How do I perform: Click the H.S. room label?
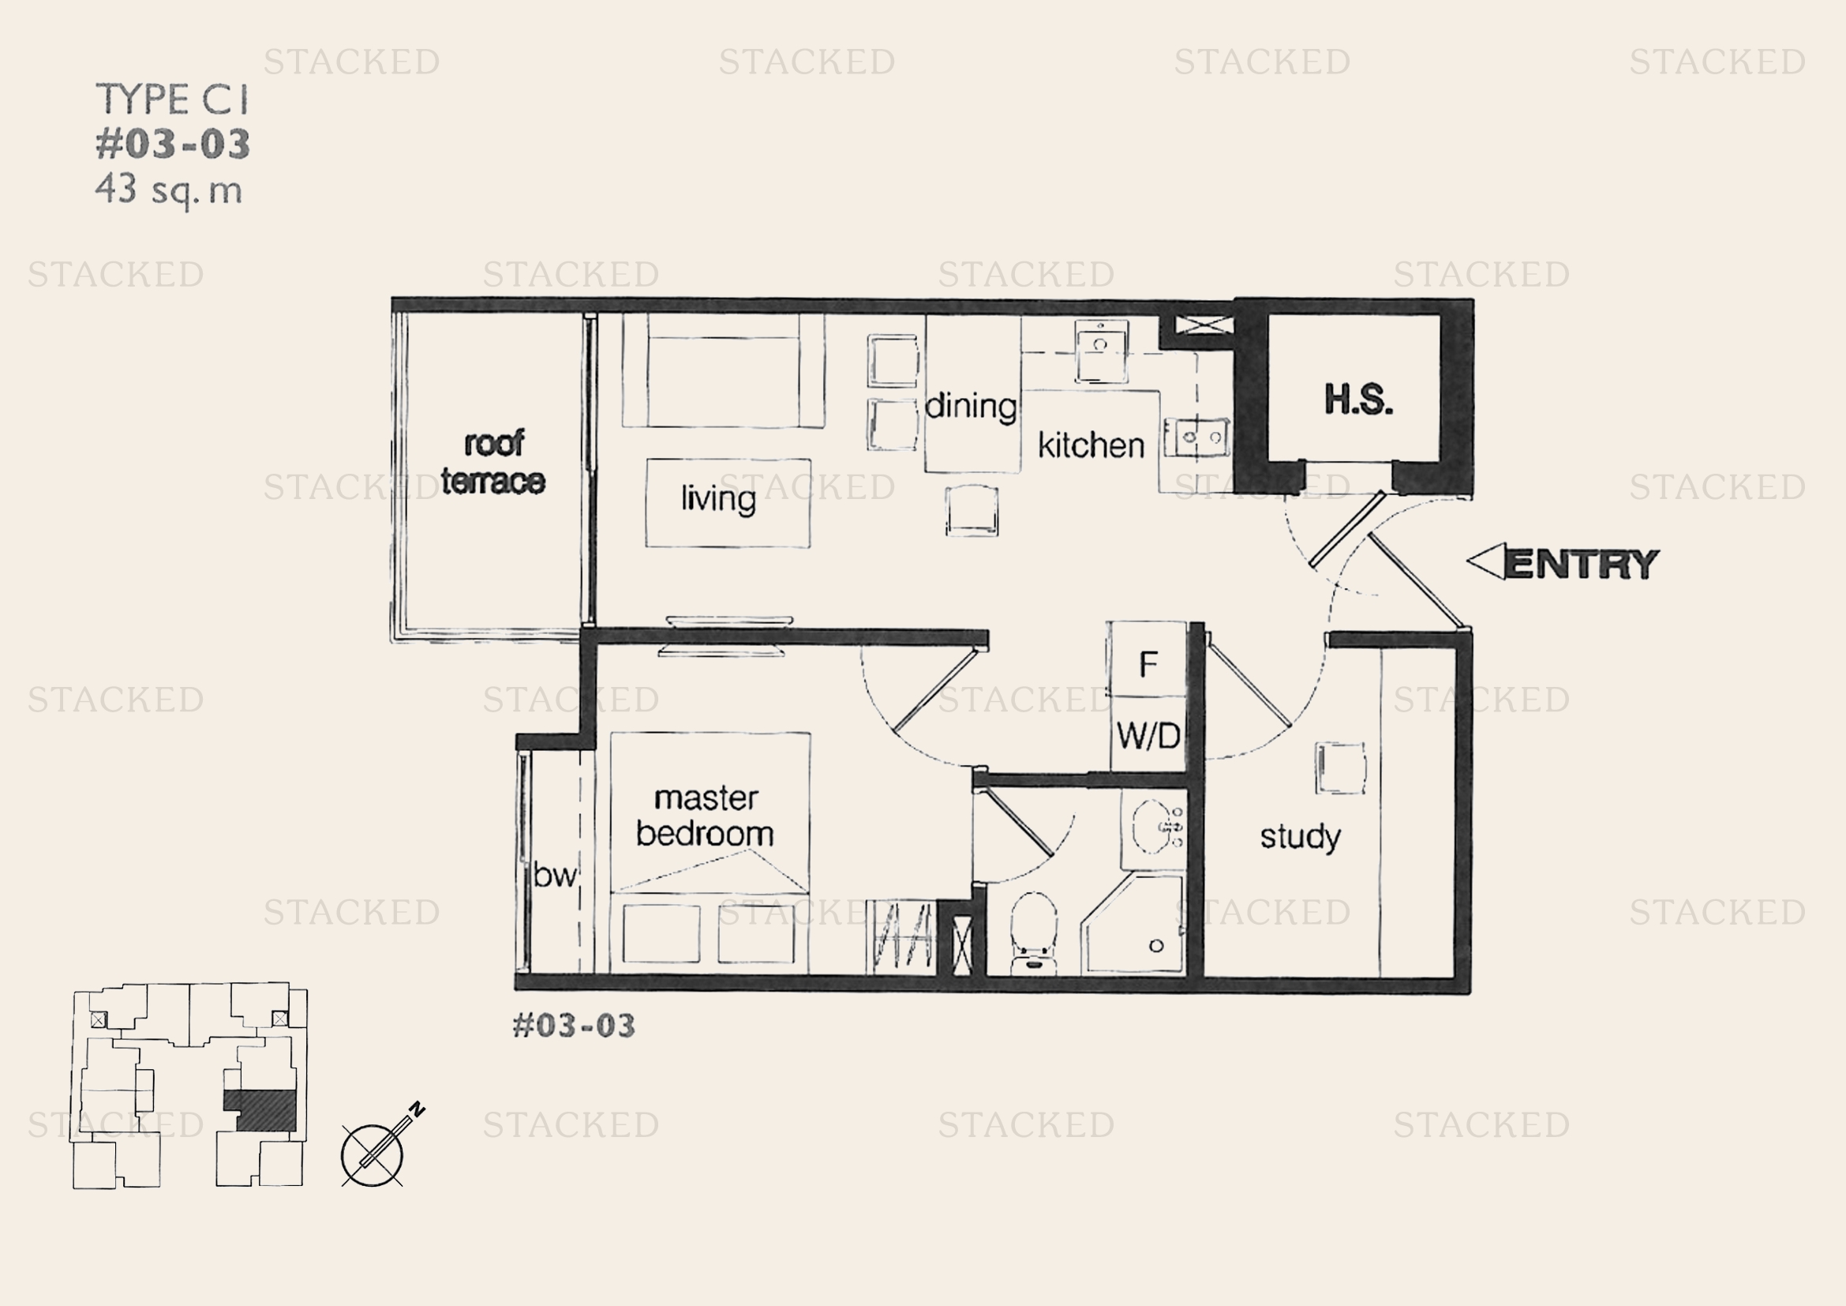(x=1358, y=400)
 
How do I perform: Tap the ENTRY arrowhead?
(x=1486, y=561)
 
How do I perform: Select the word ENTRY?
(x=1582, y=564)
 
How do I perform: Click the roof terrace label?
(x=492, y=462)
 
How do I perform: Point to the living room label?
(x=718, y=498)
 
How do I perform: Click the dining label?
(x=972, y=406)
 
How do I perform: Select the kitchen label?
(x=1091, y=445)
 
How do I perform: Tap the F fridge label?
(x=1148, y=664)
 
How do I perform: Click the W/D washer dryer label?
(x=1148, y=735)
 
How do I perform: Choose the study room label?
(x=1300, y=837)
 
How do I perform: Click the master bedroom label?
(x=705, y=816)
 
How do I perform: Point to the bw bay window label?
(x=555, y=874)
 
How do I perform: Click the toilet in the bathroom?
(x=1033, y=933)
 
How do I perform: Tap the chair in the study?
(x=1340, y=768)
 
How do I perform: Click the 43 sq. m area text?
(x=169, y=191)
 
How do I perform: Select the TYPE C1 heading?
(x=173, y=99)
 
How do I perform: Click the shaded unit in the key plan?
(x=260, y=1109)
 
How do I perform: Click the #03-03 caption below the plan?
(x=574, y=1026)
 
